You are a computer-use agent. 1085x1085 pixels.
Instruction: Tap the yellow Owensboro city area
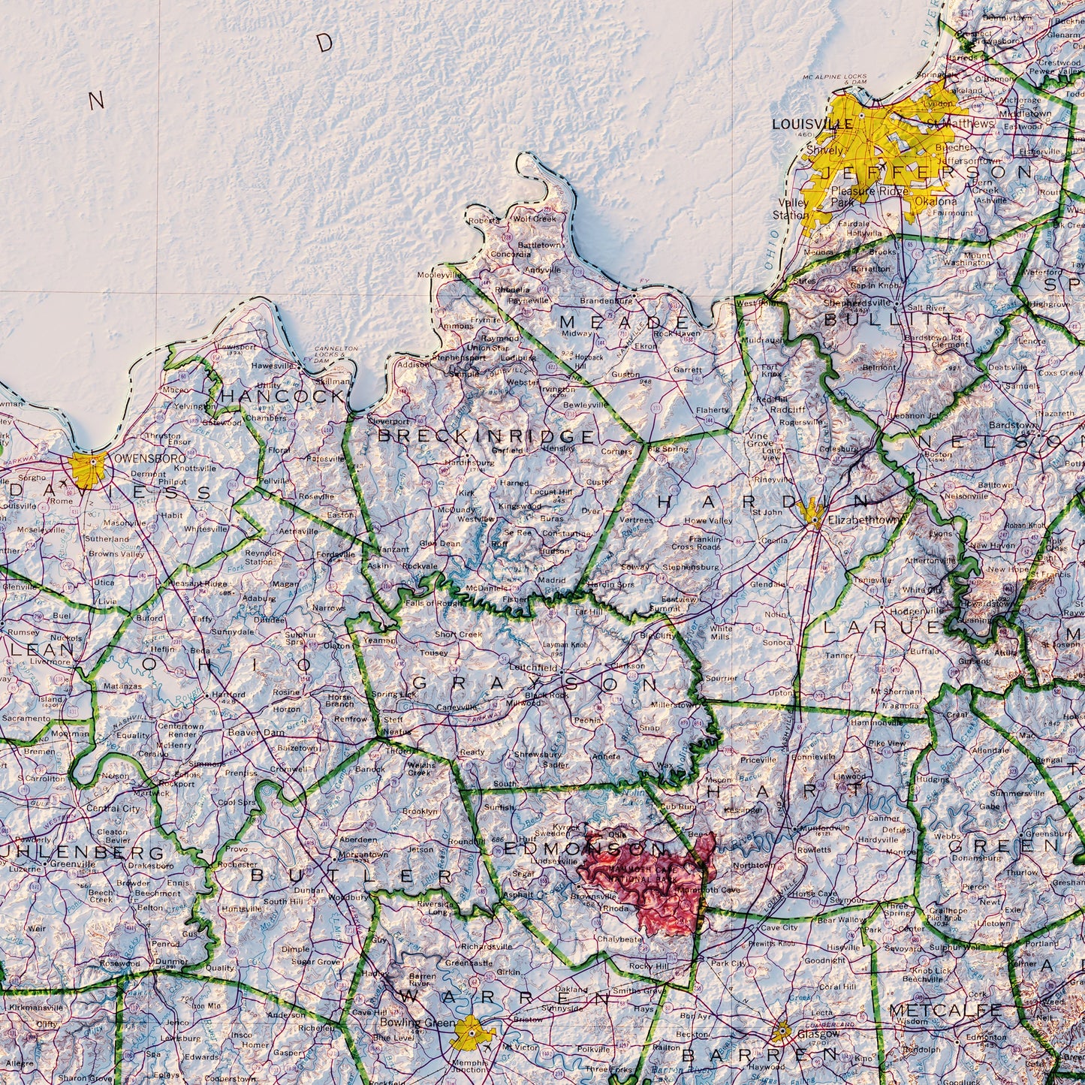(x=88, y=469)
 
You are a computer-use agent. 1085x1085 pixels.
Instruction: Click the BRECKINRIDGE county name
(x=486, y=436)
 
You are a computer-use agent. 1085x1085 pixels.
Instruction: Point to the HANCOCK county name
(x=282, y=396)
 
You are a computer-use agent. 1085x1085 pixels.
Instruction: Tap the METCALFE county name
(x=945, y=1011)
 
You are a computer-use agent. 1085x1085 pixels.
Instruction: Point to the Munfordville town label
(x=828, y=828)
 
